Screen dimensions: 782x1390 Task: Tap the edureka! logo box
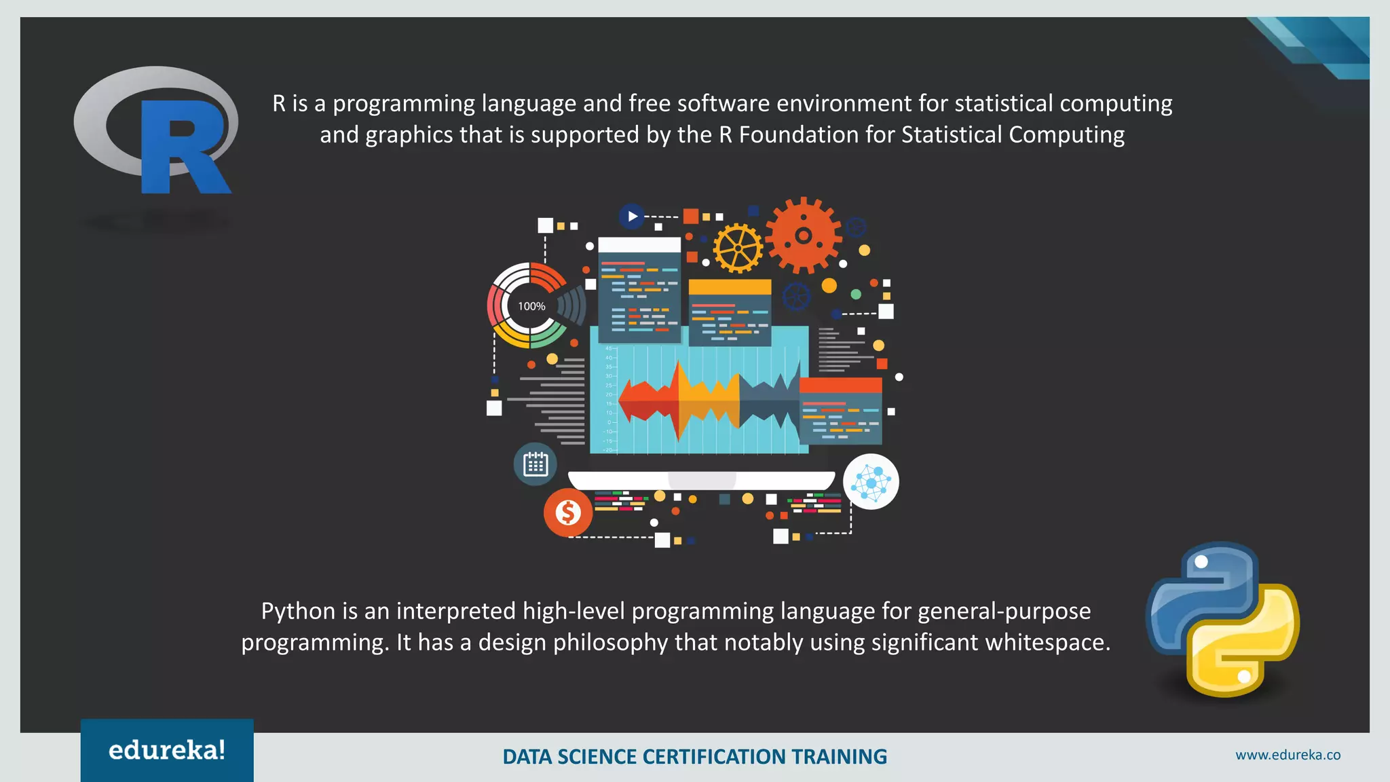pos(167,750)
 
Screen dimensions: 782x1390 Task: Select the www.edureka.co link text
pos(1288,755)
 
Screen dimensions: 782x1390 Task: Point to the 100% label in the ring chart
pos(531,306)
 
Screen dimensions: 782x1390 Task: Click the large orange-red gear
pos(804,236)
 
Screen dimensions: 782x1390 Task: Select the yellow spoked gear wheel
pos(738,248)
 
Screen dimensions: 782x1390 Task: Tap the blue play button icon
pos(632,217)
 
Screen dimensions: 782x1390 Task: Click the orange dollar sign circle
pos(568,513)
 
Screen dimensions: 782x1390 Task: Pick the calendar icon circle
pos(536,464)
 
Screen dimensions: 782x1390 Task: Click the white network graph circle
pos(871,482)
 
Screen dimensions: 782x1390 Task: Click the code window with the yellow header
pos(730,312)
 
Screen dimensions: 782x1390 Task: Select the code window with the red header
pos(840,411)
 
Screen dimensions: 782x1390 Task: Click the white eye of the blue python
pos(1201,561)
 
